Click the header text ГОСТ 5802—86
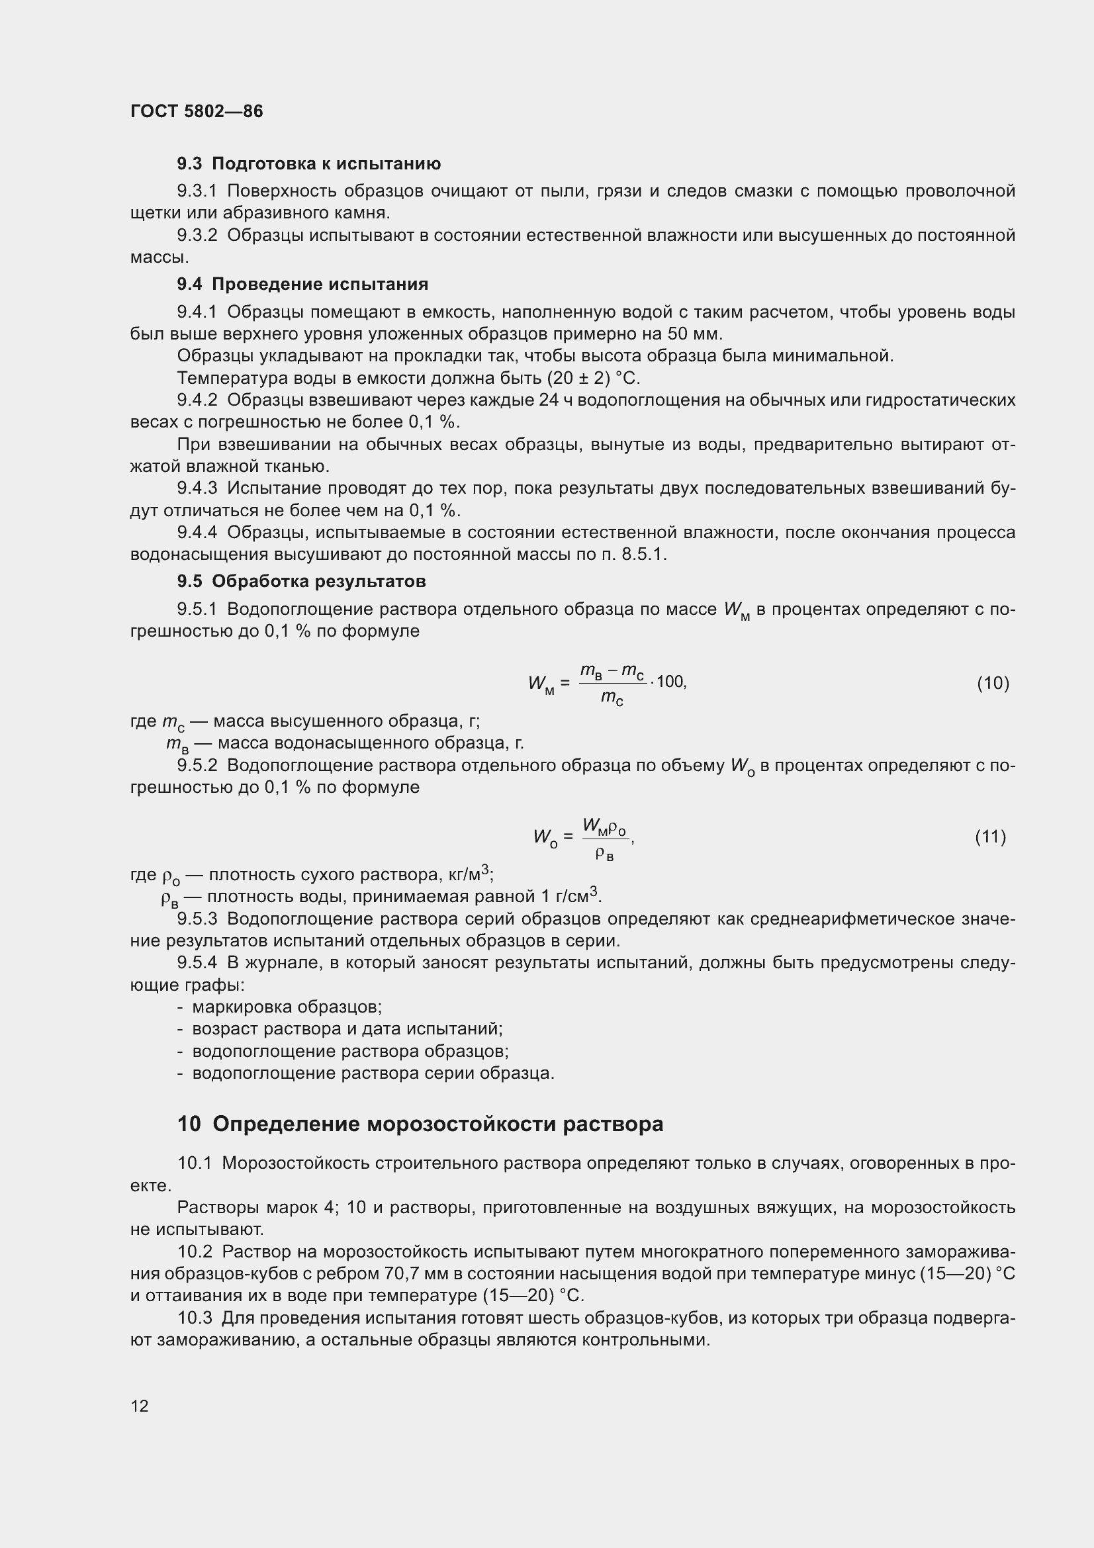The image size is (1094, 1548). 196,111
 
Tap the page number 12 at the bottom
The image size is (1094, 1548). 140,1406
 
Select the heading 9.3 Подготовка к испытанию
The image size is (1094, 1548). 308,164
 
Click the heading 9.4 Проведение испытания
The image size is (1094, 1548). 302,284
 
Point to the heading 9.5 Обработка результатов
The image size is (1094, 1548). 301,581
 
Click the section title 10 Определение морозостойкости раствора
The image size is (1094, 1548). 420,1124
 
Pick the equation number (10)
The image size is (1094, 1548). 993,684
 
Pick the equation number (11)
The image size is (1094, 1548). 990,837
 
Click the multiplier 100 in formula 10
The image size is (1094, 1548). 670,682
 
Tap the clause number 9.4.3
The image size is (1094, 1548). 197,488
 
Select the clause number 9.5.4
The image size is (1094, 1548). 197,963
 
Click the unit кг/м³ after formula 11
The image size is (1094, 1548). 470,874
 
